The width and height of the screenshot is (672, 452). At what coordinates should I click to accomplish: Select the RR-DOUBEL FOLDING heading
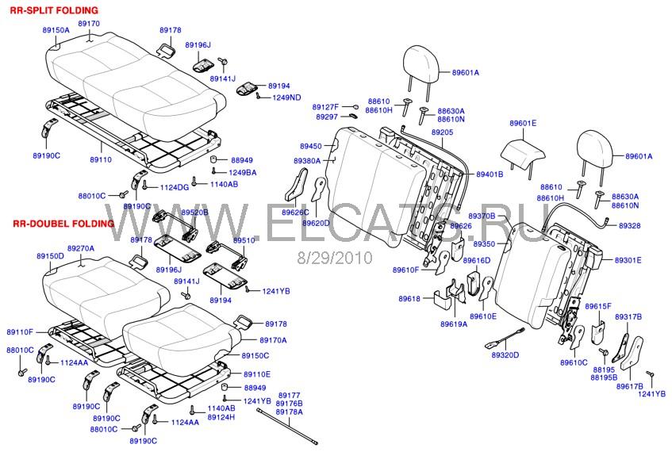pos(63,224)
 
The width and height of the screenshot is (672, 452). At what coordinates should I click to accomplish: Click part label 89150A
pos(56,29)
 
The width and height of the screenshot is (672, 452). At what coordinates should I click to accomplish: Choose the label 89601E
pos(523,124)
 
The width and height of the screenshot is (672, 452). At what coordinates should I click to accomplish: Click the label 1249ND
pos(286,98)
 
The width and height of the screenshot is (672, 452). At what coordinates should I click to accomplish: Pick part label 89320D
pos(505,354)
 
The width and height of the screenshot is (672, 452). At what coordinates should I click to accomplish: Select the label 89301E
pos(628,260)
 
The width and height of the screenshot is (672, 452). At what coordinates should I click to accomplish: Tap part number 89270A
pos(80,248)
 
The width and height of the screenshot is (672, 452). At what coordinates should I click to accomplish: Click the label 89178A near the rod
pos(290,412)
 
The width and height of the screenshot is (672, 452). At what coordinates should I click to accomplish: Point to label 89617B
pos(628,386)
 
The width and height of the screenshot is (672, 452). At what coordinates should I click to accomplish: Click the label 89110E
pos(256,374)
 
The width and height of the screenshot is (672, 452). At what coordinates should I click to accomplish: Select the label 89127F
pos(325,106)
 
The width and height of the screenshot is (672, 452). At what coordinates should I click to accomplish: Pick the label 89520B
pos(194,213)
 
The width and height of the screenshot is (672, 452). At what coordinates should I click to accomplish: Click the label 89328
pos(629,226)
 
